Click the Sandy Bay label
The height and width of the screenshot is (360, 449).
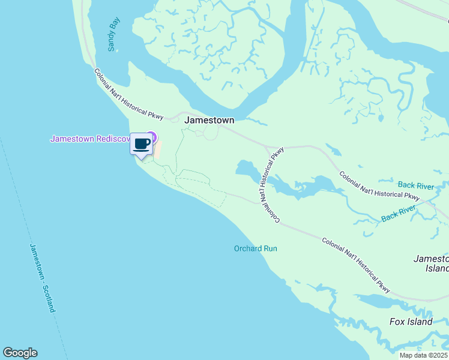tap(113, 34)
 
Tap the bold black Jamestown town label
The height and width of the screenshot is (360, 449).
tap(209, 120)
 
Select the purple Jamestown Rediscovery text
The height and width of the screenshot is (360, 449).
tap(90, 139)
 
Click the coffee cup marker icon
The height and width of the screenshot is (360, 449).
tap(142, 145)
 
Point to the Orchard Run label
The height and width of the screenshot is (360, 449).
tap(256, 248)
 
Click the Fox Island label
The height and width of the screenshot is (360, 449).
tap(411, 322)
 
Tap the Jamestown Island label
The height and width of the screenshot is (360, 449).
tap(431, 263)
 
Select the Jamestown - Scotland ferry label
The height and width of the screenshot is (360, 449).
tap(43, 278)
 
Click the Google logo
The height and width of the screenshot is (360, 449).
tap(20, 353)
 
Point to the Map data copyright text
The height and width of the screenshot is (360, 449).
tap(424, 355)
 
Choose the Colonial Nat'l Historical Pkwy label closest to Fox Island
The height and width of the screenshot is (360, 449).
tap(356, 266)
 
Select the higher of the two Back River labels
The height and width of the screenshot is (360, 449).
tap(415, 184)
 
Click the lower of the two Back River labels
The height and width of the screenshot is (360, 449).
tap(399, 213)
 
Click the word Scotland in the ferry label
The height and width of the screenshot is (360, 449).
tap(49, 298)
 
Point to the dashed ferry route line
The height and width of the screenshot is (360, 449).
tap(18, 198)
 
